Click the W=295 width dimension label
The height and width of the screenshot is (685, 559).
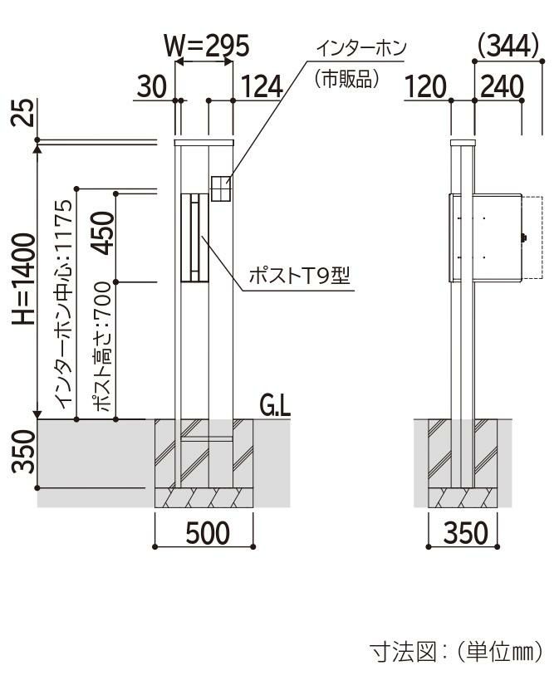tap(206, 45)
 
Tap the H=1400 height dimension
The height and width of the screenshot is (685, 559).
tap(23, 279)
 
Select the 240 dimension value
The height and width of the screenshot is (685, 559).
tap(502, 86)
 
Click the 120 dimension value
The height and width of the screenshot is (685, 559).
tap(426, 86)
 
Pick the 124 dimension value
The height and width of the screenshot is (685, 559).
tap(262, 86)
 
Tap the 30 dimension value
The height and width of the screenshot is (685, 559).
tap(152, 86)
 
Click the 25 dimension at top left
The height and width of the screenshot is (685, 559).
tap(23, 113)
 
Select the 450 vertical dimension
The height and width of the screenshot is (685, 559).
tap(102, 232)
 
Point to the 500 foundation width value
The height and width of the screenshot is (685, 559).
tap(208, 533)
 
